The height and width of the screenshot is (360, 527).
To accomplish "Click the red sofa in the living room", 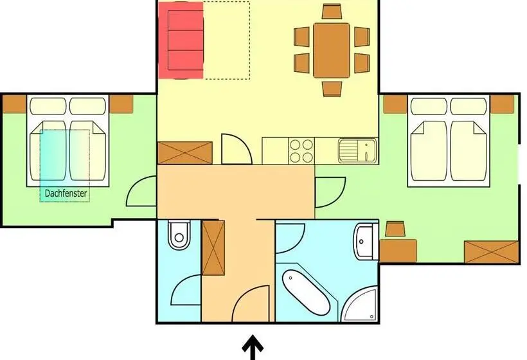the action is click(181, 40).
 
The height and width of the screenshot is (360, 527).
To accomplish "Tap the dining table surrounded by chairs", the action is click(332, 50).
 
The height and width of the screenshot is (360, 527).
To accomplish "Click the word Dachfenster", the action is click(66, 194).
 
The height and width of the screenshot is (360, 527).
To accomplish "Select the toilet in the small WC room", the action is click(179, 235).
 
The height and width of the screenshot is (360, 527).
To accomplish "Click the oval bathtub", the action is click(306, 292).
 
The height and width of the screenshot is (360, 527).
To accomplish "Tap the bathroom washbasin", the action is click(365, 241).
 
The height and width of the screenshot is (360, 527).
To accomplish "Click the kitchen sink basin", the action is click(357, 150).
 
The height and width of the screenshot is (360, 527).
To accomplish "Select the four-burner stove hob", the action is click(301, 150).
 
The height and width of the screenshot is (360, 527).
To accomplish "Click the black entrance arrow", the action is click(253, 347).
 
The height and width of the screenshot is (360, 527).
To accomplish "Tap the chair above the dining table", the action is click(332, 12).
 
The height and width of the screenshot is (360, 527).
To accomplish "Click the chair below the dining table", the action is click(332, 89).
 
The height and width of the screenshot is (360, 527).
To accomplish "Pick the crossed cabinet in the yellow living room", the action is click(185, 153).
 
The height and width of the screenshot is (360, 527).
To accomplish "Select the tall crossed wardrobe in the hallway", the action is click(213, 248).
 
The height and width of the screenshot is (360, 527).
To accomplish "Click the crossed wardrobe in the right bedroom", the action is click(491, 252).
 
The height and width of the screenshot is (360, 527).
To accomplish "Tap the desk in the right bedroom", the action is click(398, 251).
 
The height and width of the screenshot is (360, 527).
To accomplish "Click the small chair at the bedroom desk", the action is click(395, 229).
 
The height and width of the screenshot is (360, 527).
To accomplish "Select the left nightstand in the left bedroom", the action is click(14, 104).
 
